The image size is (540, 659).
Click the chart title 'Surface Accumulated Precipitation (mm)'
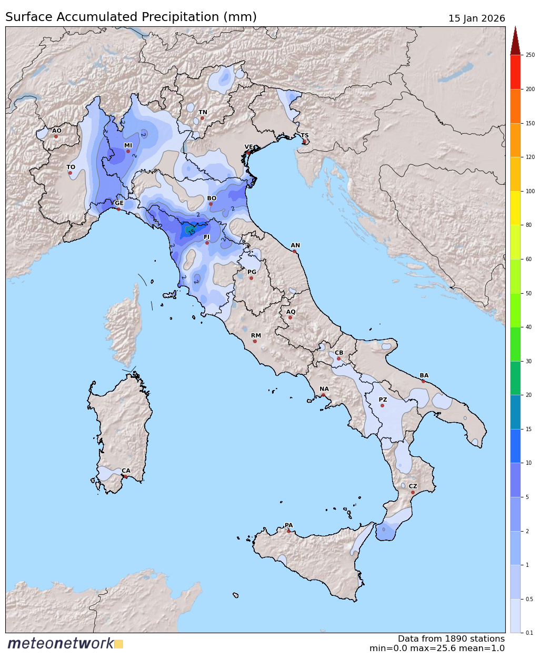[x=131, y=17]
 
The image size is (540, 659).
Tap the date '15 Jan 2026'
[x=476, y=18]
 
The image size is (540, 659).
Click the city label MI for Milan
[x=128, y=146]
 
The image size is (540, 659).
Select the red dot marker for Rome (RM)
[x=255, y=341]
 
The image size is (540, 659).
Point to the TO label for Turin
[x=71, y=167]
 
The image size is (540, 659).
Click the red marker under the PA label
[x=288, y=531]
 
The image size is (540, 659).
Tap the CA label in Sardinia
[x=126, y=471]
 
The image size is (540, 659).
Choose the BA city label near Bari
[x=424, y=376]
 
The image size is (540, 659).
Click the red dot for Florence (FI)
[x=207, y=243]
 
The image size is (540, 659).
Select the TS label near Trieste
[x=305, y=136]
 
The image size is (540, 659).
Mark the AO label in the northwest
[x=56, y=131]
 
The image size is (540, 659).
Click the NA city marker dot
[x=323, y=395]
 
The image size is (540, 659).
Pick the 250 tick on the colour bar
[x=530, y=55]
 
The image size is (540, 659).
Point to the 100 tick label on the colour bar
[x=530, y=192]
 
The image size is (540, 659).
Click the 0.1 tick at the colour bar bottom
[x=529, y=633]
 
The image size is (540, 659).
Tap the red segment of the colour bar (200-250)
[x=515, y=72]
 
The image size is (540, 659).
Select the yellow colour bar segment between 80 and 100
[x=515, y=208]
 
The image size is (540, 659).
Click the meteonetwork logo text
[x=61, y=644]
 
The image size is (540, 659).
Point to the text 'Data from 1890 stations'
[x=451, y=639]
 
